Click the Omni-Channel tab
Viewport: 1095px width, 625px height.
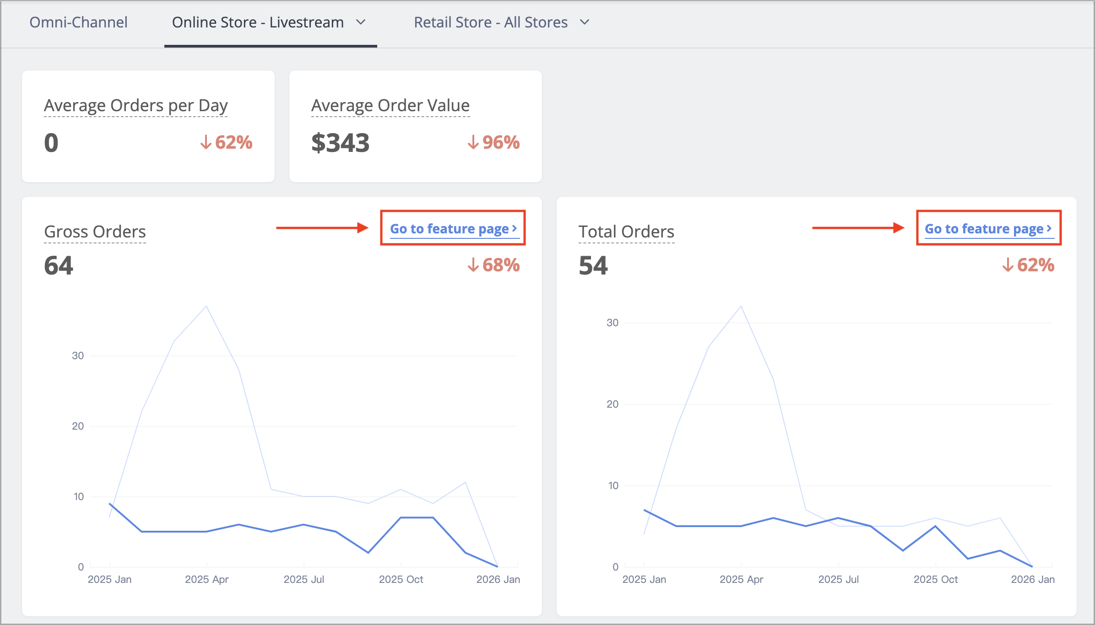pyautogui.click(x=78, y=22)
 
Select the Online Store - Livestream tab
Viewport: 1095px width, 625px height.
pyautogui.click(x=258, y=22)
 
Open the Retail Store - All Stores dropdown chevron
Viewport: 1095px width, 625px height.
pyautogui.click(x=585, y=22)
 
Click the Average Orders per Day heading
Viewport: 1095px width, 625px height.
pyautogui.click(x=136, y=106)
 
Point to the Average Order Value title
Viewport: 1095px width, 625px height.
pyautogui.click(x=390, y=106)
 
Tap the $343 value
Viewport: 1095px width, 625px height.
pyautogui.click(x=340, y=143)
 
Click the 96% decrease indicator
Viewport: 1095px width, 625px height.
pyautogui.click(x=493, y=142)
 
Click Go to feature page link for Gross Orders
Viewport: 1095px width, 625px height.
pyautogui.click(x=453, y=228)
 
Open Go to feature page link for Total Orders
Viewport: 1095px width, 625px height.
pyautogui.click(x=988, y=228)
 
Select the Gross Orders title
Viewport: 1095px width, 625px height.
pyautogui.click(x=95, y=232)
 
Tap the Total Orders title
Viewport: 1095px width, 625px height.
pyautogui.click(x=626, y=232)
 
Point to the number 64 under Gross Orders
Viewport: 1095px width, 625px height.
pyautogui.click(x=59, y=265)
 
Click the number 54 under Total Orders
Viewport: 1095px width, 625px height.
pyautogui.click(x=593, y=265)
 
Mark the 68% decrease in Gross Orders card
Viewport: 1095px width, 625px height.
pyautogui.click(x=493, y=265)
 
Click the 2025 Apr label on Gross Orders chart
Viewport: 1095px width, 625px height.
pyautogui.click(x=206, y=579)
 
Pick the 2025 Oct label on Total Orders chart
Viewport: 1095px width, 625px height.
pyautogui.click(x=936, y=579)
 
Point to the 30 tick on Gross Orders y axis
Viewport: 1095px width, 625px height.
pyautogui.click(x=78, y=356)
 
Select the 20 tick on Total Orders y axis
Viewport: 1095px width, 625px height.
pyautogui.click(x=613, y=404)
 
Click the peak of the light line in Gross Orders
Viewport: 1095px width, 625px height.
pyautogui.click(x=206, y=306)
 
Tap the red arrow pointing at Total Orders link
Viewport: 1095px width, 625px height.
pyautogui.click(x=858, y=227)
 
